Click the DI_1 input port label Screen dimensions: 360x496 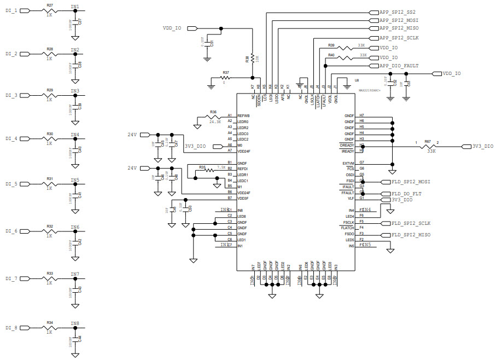click(11, 11)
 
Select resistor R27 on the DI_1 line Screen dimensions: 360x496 click(50, 11)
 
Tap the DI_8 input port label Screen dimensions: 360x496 click(11, 328)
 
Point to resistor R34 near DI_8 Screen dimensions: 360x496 click(50, 328)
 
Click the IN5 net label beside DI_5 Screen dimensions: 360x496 click(74, 180)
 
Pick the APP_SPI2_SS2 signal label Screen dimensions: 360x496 click(396, 11)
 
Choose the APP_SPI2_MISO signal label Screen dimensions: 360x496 click(399, 27)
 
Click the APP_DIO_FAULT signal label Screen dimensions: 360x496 click(399, 66)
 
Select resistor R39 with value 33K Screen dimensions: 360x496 click(346, 48)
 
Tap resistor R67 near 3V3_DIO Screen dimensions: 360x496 click(428, 147)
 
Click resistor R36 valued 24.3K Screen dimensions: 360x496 click(213, 116)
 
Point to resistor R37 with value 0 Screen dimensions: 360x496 click(226, 78)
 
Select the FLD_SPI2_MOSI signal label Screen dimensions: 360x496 click(411, 181)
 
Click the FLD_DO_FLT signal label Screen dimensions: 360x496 click(406, 193)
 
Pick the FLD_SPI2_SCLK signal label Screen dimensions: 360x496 click(411, 223)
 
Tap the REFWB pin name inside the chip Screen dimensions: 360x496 click(243, 116)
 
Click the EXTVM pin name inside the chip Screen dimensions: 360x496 click(348, 164)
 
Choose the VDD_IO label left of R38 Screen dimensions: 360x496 click(172, 27)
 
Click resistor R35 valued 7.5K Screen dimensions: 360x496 click(209, 170)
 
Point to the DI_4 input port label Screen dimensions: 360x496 click(11, 138)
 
